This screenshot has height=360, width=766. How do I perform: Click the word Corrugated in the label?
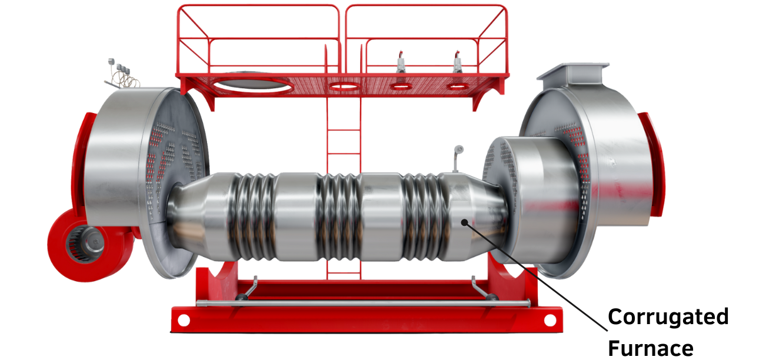[668, 317]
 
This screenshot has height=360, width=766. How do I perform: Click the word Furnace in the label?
[651, 348]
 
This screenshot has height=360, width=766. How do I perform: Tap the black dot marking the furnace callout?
[464, 222]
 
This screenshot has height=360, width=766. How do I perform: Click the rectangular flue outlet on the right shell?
[574, 73]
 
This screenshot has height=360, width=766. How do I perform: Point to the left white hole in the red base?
[184, 321]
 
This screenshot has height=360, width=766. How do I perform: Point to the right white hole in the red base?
[550, 321]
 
